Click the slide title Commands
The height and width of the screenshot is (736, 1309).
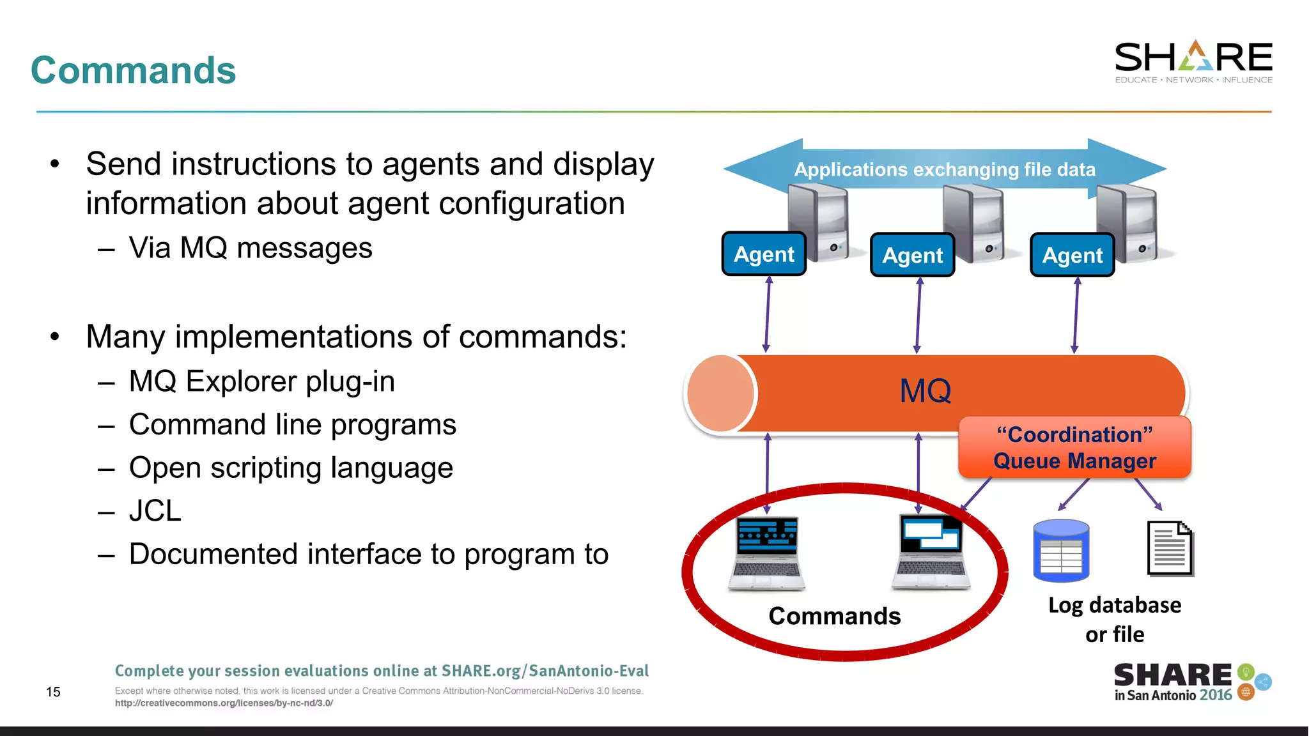[x=133, y=70]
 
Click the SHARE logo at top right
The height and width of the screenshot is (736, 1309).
[x=1193, y=61]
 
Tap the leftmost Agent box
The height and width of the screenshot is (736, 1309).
[x=764, y=254]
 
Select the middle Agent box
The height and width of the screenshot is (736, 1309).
[x=912, y=256]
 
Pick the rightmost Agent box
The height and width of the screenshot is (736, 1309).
[x=1072, y=256]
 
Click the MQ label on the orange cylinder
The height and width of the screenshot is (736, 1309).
[x=925, y=391]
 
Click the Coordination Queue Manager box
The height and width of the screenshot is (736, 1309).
[x=1074, y=448]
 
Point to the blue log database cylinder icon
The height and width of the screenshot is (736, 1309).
[x=1061, y=551]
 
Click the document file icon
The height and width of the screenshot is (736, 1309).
[x=1170, y=549]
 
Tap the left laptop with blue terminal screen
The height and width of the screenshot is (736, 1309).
[x=766, y=553]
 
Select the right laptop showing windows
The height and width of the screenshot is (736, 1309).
[x=931, y=553]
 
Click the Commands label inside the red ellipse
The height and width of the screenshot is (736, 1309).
[x=834, y=617]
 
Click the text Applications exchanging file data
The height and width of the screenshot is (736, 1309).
[x=945, y=170]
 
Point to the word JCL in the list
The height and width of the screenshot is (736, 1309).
[x=155, y=511]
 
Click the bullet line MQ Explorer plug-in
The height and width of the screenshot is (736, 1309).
[x=261, y=381]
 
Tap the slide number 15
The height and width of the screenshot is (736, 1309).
[x=53, y=692]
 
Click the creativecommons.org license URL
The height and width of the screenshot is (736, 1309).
[x=224, y=703]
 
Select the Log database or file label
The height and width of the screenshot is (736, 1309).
[x=1115, y=619]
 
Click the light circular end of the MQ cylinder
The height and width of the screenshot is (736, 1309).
[x=720, y=394]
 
